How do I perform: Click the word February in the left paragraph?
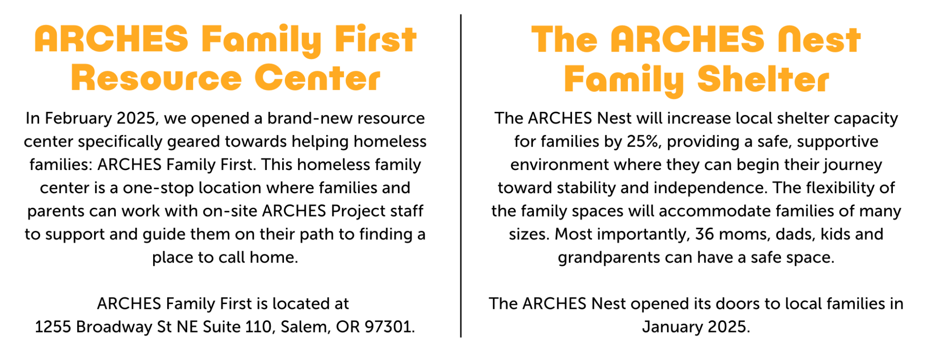(x=78, y=119)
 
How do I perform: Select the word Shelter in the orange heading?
(x=763, y=79)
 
